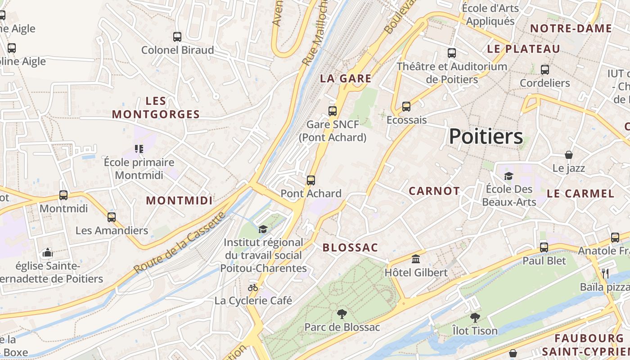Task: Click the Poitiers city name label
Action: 486,136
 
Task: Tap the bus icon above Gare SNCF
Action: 333,111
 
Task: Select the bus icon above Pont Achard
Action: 310,180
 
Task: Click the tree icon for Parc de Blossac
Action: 342,314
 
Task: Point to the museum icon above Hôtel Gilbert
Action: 416,259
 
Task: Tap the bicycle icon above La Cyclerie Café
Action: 253,287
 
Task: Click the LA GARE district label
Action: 346,78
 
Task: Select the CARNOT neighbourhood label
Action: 434,191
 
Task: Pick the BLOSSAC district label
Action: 350,247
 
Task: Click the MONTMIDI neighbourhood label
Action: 179,200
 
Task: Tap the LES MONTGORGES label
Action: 156,108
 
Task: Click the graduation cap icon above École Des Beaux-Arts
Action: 509,175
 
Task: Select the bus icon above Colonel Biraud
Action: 177,37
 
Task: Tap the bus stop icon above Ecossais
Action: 406,107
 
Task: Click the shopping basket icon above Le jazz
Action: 569,155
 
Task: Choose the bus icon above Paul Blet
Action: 544,247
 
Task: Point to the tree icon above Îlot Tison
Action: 475,318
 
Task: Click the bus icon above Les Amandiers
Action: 112,217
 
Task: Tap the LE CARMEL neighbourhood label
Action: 580,193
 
